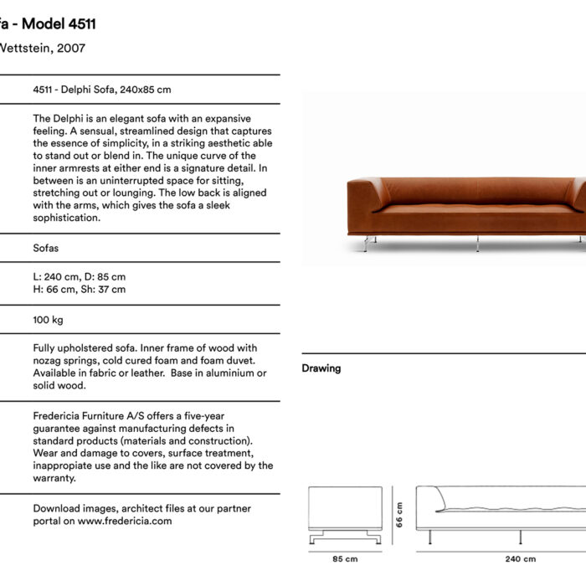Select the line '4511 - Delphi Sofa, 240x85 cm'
[102, 89]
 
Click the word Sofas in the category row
[46, 249]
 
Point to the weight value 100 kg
[48, 320]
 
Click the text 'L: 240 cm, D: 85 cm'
[80, 276]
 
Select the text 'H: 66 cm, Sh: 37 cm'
[80, 290]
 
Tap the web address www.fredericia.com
[125, 521]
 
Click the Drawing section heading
[321, 368]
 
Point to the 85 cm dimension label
[345, 559]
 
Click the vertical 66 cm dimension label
[399, 514]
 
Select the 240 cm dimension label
[519, 559]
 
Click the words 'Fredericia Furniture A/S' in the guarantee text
[91, 416]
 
